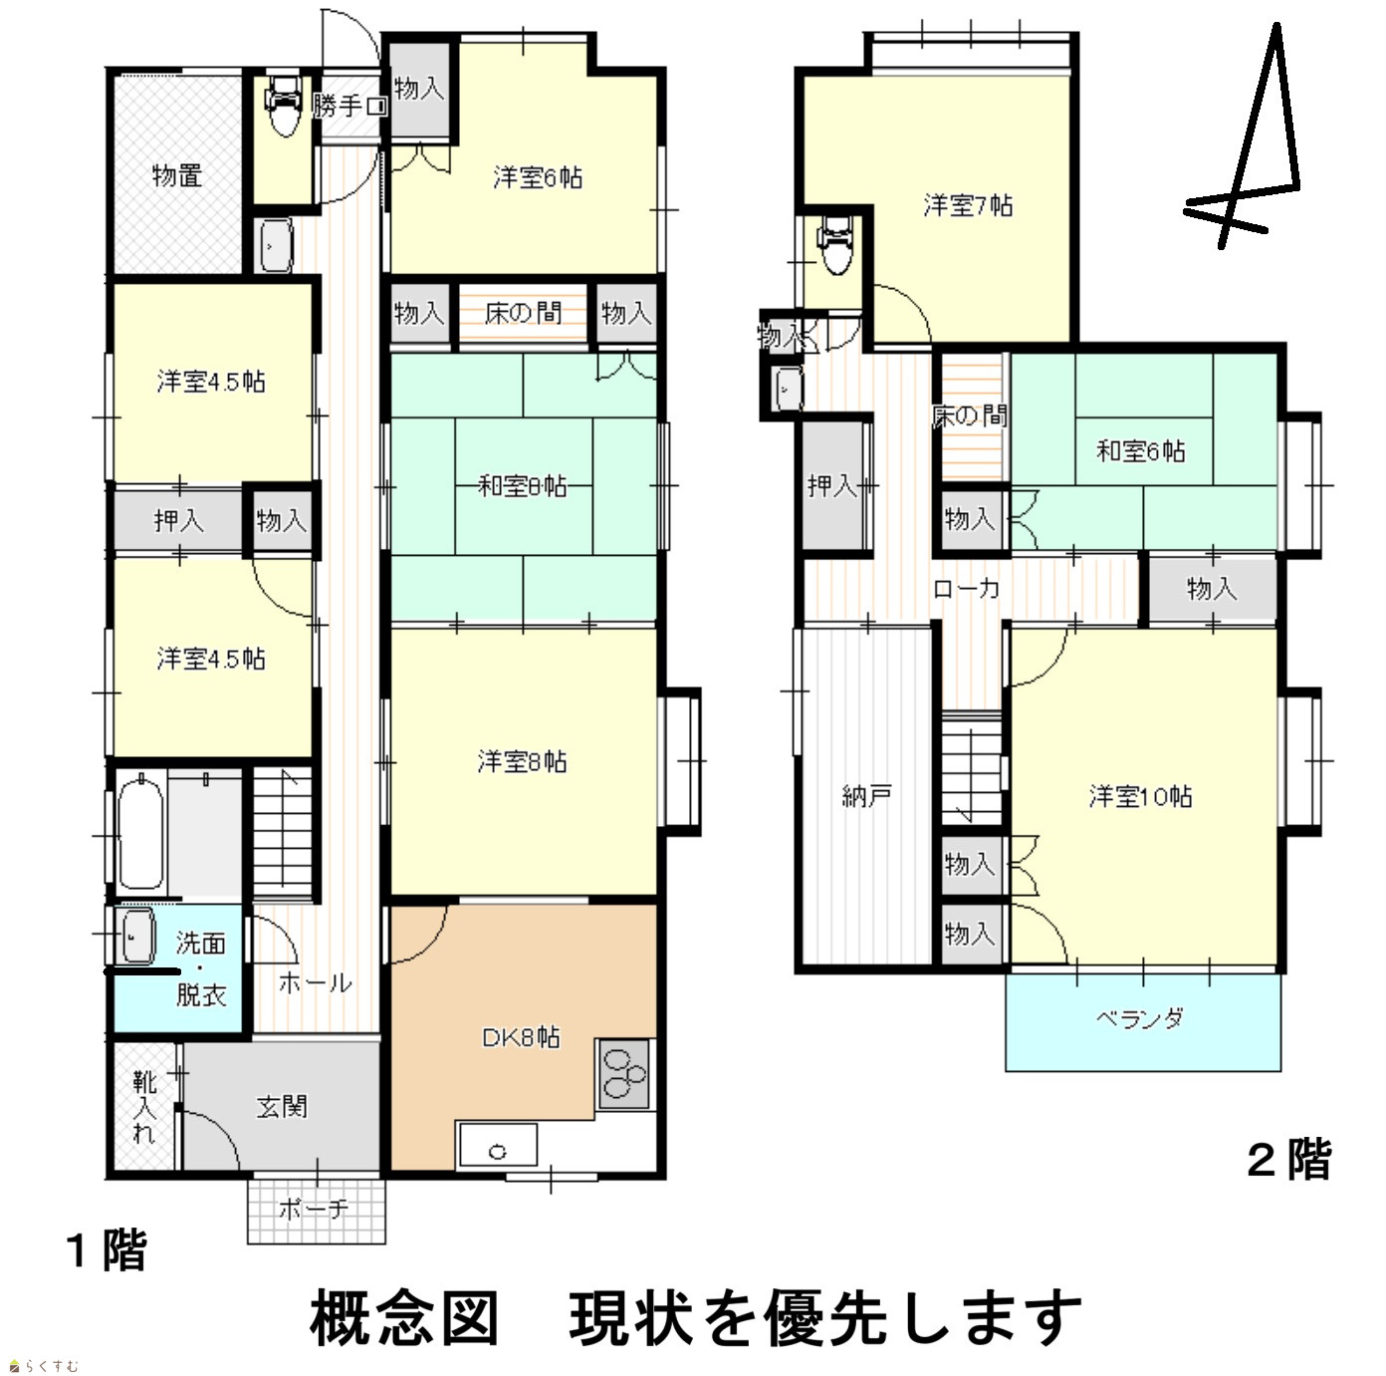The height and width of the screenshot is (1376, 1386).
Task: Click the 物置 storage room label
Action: click(177, 175)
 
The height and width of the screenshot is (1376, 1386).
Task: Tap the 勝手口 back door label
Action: click(349, 107)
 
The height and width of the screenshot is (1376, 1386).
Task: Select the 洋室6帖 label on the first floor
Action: click(538, 177)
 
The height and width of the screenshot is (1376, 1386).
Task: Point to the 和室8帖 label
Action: click(522, 486)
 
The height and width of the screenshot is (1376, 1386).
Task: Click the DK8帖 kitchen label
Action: click(521, 1037)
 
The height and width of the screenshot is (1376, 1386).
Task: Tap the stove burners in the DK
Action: click(624, 1073)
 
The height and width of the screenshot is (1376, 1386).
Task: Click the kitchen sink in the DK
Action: click(498, 1144)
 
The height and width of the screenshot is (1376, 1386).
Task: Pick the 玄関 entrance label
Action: click(282, 1106)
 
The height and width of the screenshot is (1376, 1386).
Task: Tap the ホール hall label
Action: click(315, 982)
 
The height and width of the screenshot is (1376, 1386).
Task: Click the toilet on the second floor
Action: click(836, 245)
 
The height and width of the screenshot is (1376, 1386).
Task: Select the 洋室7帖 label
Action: click(968, 206)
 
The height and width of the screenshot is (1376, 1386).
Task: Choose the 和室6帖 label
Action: click(1140, 450)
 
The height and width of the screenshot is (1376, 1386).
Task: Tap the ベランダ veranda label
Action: click(1140, 1018)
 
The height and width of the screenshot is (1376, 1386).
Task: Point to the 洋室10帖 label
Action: click(1140, 796)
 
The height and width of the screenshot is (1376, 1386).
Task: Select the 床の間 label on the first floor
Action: click(523, 313)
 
